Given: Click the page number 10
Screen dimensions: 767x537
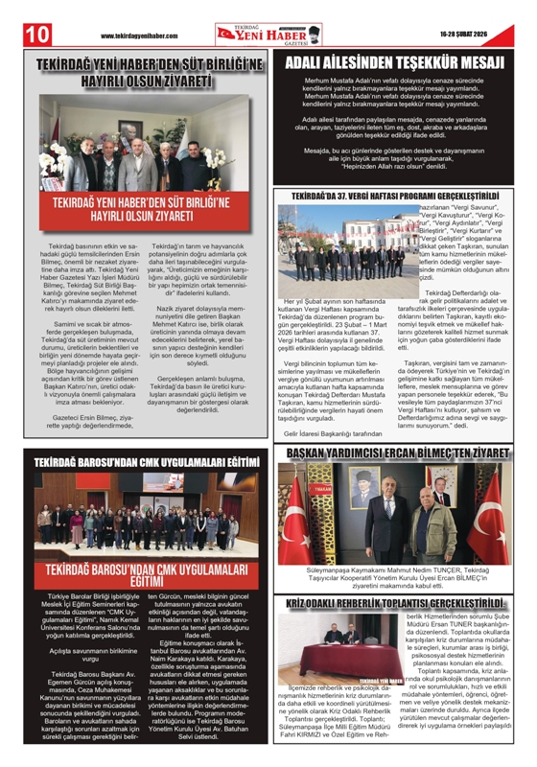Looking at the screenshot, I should click(22, 33).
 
